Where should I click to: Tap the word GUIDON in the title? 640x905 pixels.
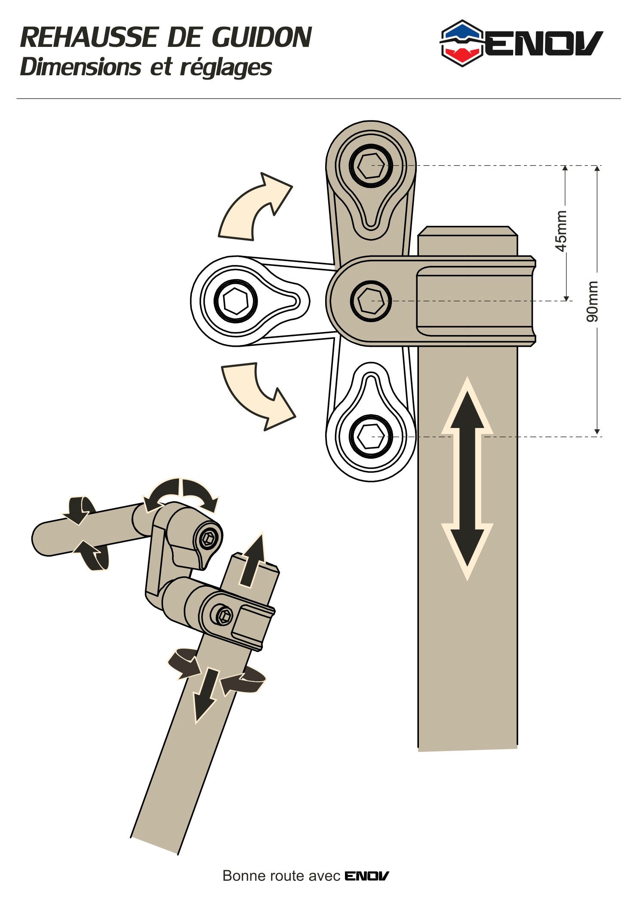click(262, 38)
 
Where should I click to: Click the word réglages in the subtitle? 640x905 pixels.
click(226, 68)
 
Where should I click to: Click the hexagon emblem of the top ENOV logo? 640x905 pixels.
click(462, 43)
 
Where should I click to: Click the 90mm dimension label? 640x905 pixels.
click(593, 301)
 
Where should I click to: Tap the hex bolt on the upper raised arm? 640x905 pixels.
click(371, 165)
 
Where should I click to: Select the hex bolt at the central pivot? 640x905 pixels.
click(371, 301)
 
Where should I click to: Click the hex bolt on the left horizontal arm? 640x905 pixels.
click(235, 301)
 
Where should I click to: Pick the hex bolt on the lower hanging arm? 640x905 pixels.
click(371, 436)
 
